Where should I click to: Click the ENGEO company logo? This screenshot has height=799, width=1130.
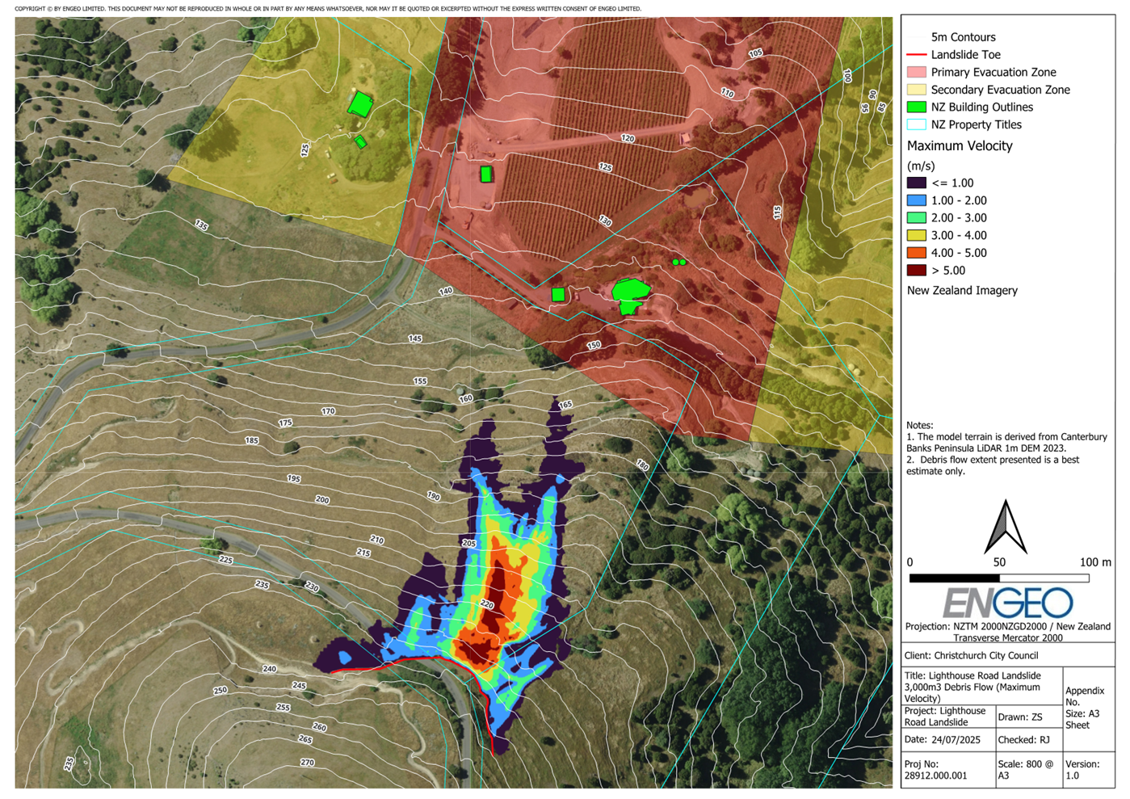[x=1007, y=603]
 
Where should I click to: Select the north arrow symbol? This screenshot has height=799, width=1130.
[x=1006, y=527]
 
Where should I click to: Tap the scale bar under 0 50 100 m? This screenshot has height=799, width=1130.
[x=999, y=578]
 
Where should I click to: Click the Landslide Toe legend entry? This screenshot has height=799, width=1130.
[x=965, y=55]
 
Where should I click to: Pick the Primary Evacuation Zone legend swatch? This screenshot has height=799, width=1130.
[x=916, y=73]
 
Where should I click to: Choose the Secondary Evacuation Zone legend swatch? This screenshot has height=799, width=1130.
[x=916, y=90]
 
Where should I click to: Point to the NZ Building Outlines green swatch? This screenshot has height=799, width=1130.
[x=916, y=107]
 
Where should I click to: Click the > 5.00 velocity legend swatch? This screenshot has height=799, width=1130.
[x=916, y=271]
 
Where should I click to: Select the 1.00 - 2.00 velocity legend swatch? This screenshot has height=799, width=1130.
[x=916, y=200]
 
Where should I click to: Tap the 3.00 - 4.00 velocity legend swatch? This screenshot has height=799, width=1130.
[x=916, y=235]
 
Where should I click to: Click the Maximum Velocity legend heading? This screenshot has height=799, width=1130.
[x=960, y=146]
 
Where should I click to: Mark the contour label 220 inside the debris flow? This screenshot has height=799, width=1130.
[x=486, y=604]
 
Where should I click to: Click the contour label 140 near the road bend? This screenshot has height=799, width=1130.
[x=445, y=292]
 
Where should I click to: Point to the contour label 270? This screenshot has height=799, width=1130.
[x=307, y=762]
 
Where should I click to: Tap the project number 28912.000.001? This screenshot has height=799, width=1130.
[x=936, y=776]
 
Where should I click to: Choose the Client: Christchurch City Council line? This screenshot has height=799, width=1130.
[x=972, y=656]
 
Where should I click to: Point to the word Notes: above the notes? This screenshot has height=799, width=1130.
[x=919, y=425]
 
